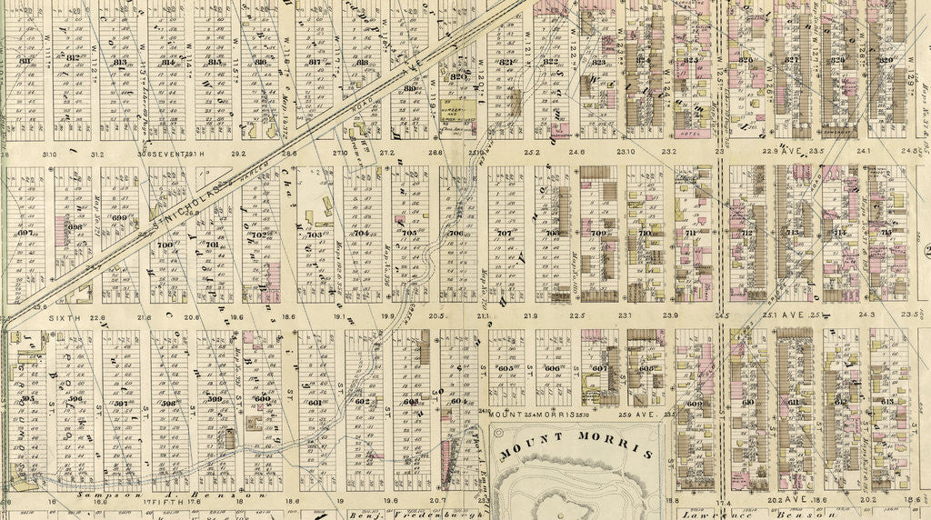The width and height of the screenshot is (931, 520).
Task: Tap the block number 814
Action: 167,62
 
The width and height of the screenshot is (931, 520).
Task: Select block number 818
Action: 363,62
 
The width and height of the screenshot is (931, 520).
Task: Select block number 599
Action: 215,399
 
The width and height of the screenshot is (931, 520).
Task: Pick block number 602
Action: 361,402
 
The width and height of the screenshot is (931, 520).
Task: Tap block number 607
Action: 599,369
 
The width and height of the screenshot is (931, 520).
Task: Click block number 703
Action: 315,235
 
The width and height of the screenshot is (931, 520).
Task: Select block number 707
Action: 505,234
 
